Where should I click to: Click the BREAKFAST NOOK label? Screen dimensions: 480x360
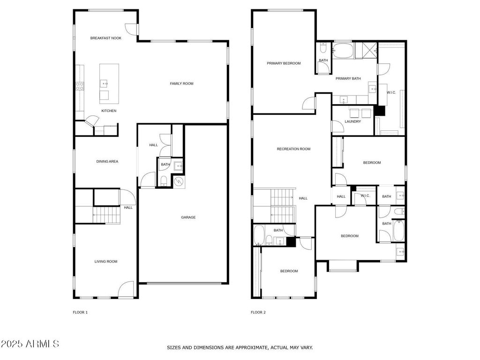pos(105,38)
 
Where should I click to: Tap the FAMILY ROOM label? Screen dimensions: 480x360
pos(181,83)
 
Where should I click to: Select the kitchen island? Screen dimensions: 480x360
pos(109,83)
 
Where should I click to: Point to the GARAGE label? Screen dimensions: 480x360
pos(188,217)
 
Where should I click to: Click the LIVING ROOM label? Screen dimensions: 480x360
pos(105,261)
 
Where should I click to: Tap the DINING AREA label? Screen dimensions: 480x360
pos(107,161)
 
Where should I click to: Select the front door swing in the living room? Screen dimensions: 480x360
pos(126,289)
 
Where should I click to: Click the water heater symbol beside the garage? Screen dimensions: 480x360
pos(179,182)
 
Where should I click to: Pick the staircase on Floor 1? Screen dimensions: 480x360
pos(106,215)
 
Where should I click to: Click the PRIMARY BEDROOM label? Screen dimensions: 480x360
pos(284,63)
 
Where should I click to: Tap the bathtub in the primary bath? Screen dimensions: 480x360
pos(343,51)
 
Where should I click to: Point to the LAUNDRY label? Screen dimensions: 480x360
pos(352,121)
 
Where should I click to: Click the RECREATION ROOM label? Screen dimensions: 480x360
pos(293,149)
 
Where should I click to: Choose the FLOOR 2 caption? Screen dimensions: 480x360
pos(258,312)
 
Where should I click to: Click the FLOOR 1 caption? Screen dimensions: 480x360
pos(80,312)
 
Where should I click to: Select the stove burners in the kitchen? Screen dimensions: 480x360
pos(80,86)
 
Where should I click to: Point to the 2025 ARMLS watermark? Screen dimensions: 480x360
pos(30,344)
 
